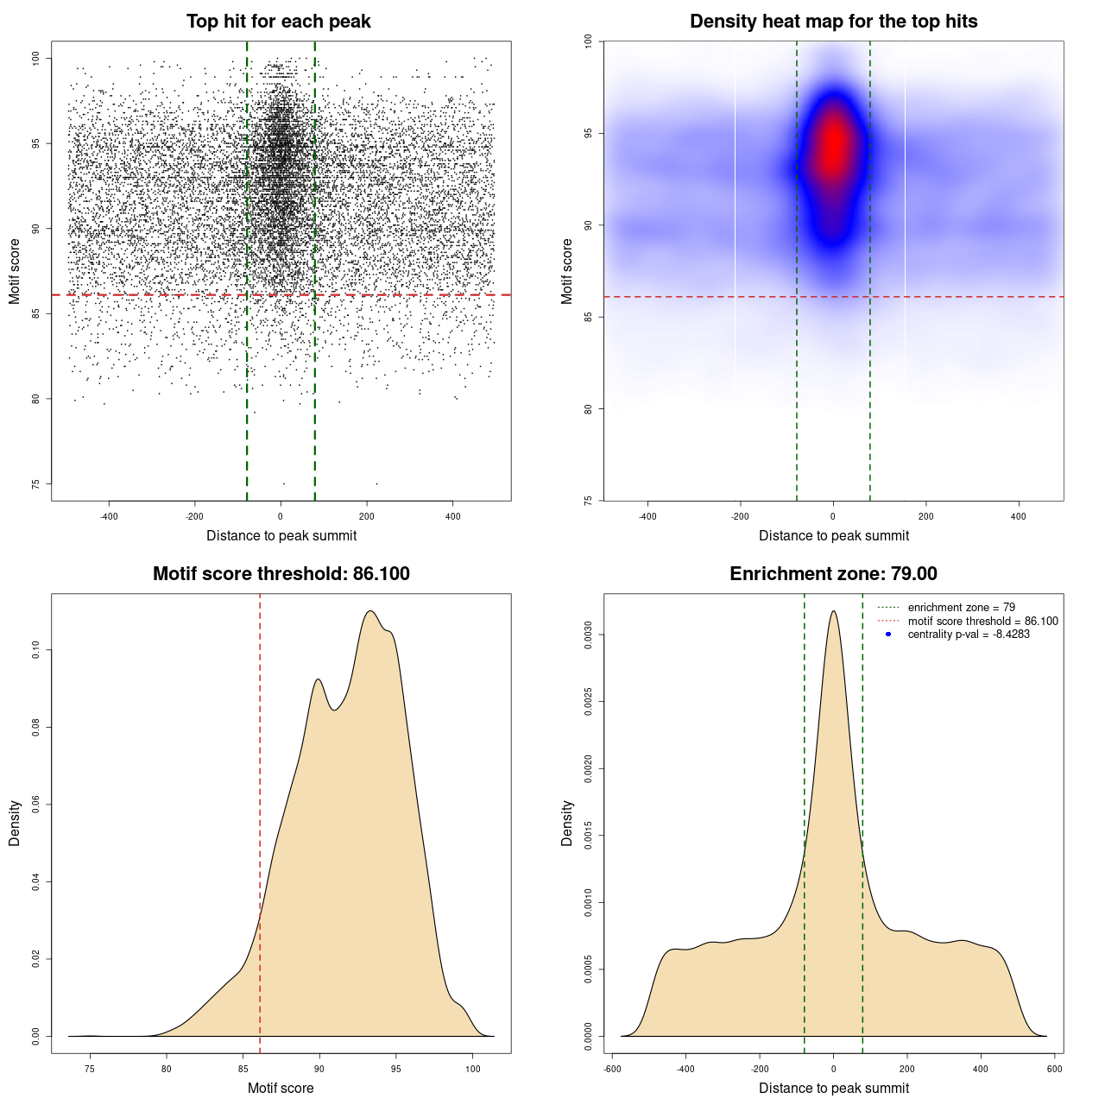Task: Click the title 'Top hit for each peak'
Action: [278, 22]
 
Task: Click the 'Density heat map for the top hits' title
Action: [833, 22]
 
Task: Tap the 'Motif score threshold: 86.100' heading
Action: [281, 574]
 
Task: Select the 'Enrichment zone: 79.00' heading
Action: [833, 574]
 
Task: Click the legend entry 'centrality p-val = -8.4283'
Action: [968, 635]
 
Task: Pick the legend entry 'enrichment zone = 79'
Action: [961, 608]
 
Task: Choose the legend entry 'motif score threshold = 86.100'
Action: [982, 621]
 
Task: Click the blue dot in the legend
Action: [888, 635]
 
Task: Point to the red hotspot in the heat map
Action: [833, 147]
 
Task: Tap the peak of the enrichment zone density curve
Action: [833, 611]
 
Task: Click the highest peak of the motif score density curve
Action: [370, 611]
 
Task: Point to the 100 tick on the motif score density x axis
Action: [472, 1069]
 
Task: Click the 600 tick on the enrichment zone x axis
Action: [1054, 1069]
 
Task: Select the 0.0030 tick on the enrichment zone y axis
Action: [588, 635]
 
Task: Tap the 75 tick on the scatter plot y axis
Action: [35, 483]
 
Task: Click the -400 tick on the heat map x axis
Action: [647, 516]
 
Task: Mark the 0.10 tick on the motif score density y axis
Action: [35, 650]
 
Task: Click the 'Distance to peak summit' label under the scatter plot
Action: [281, 536]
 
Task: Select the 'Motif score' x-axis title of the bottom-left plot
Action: [281, 1089]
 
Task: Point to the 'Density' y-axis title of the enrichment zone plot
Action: [567, 823]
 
